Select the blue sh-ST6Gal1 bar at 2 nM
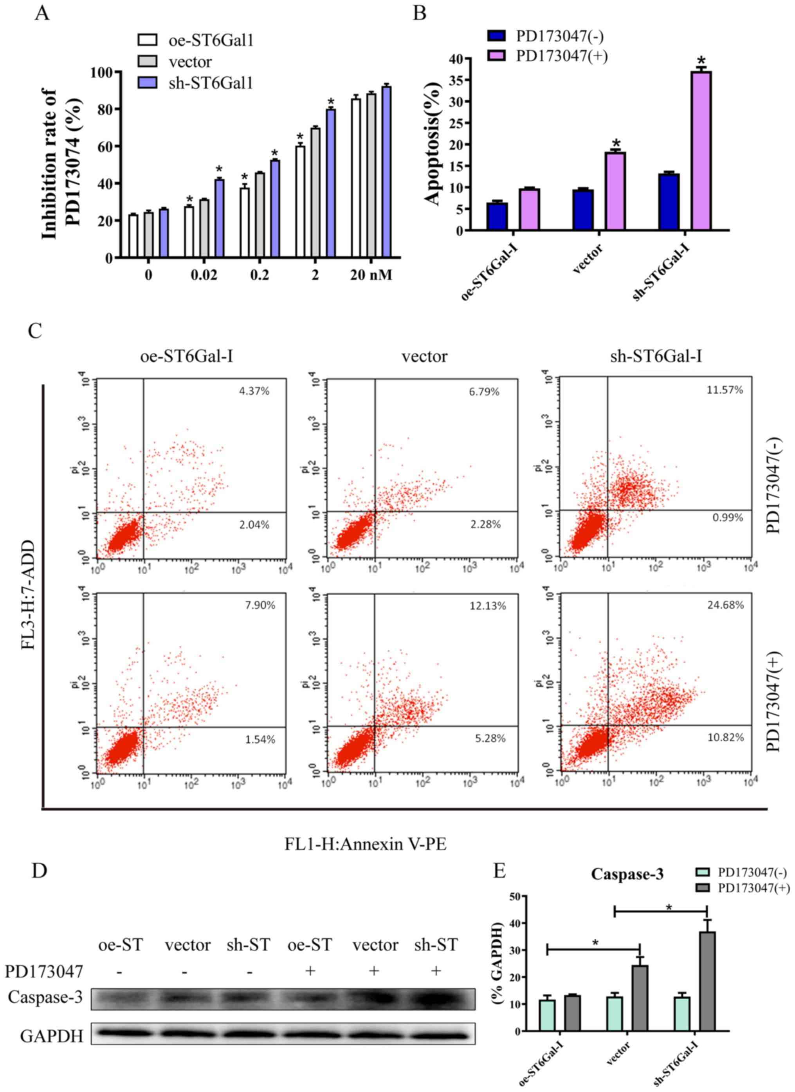[330, 183]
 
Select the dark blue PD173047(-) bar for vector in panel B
[583, 210]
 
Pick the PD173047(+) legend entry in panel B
[561, 56]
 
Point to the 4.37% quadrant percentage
[254, 391]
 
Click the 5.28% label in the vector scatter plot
[490, 738]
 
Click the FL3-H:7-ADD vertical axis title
[29, 594]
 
